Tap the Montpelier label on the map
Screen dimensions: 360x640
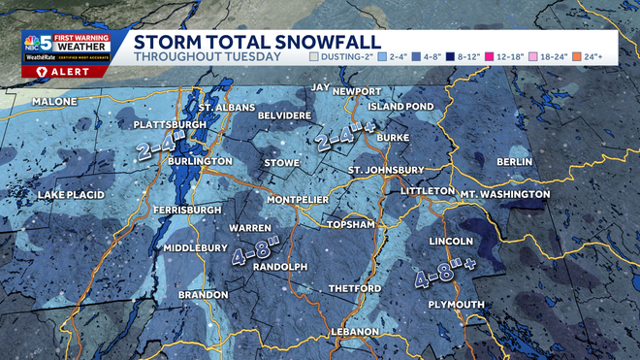(x=296, y=199)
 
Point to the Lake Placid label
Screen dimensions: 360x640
(x=71, y=195)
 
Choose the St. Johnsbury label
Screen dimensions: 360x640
(x=382, y=172)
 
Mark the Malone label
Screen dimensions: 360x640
(x=54, y=101)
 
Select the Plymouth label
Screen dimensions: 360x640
(x=456, y=305)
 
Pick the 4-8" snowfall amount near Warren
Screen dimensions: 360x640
(x=256, y=251)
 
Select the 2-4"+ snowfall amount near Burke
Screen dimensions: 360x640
(x=345, y=139)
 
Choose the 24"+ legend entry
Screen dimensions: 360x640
(x=607, y=56)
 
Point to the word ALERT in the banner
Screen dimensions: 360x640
(x=62, y=71)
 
